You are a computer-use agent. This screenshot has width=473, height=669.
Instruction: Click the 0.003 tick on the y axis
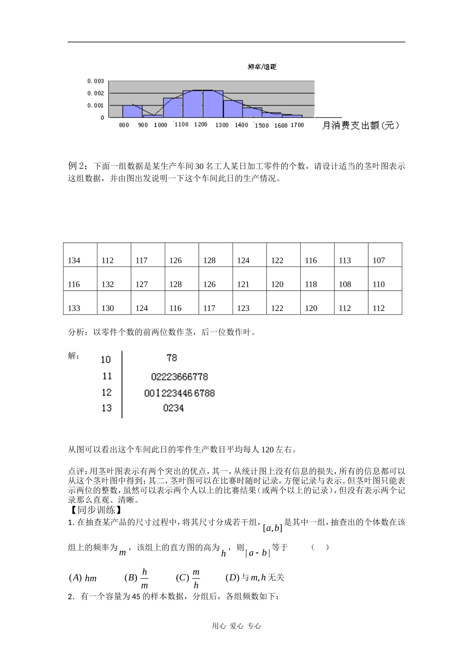coord(96,81)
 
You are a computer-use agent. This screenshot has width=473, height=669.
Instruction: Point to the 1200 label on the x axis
coord(201,124)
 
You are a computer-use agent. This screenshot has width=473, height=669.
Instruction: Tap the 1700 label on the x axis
coord(297,125)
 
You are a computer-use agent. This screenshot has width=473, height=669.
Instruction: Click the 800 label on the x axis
coord(124,125)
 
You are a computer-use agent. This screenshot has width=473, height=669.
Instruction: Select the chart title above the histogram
coord(262,67)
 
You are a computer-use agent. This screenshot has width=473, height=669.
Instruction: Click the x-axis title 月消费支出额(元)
coord(360,125)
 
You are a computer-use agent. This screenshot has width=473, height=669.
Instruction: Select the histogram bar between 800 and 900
coord(132,111)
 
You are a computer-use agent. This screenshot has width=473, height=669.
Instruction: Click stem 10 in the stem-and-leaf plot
coord(106,359)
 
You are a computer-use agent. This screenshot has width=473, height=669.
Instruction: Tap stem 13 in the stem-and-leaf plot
coord(107,408)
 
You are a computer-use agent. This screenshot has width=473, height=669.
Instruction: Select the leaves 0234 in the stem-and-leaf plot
coord(173,408)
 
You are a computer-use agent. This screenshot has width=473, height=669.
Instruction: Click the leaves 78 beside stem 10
coord(172,358)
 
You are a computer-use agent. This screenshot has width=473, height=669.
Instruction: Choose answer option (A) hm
coord(83,578)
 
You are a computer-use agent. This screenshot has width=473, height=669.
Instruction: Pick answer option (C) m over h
coord(189,578)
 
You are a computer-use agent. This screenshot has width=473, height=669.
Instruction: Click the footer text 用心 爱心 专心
coord(236,626)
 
